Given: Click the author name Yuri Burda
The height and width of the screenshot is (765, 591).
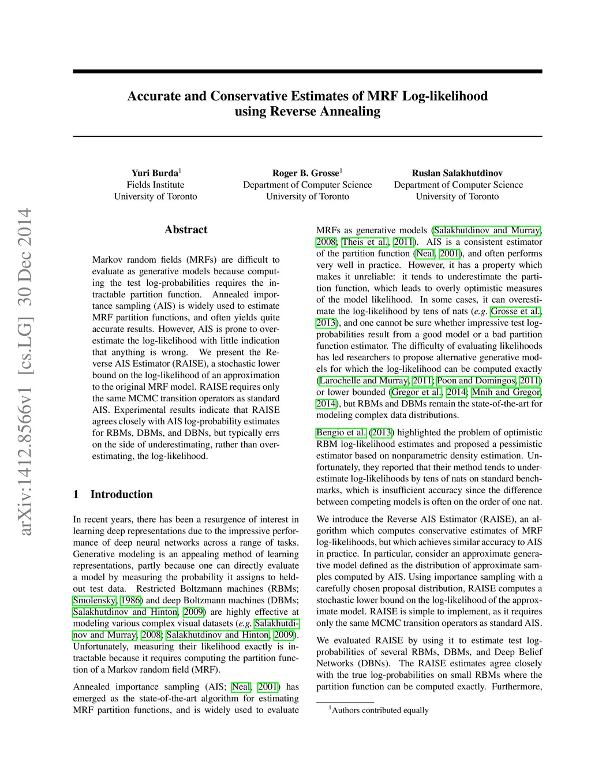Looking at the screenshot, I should [155, 173].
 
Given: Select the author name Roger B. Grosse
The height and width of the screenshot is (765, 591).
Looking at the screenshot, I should [306, 173].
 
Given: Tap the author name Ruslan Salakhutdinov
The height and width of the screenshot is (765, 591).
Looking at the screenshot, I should [457, 173].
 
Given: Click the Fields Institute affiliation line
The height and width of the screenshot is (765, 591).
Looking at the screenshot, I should [155, 185].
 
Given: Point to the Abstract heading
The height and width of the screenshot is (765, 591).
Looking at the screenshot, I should [186, 230].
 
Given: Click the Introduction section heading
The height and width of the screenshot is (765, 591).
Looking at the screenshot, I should [121, 494].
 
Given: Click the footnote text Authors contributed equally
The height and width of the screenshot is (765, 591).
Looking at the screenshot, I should [380, 710].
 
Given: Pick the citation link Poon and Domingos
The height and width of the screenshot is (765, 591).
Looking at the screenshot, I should [476, 380].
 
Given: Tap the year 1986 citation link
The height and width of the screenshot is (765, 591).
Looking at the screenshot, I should [132, 600].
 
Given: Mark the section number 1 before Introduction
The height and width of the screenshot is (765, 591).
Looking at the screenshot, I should [76, 494].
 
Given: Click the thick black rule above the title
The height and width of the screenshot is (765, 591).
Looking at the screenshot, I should [307, 72].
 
